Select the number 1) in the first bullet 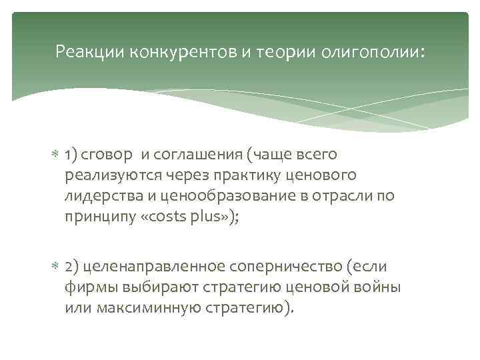pyautogui.click(x=73, y=155)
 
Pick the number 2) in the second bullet pyautogui.click(x=73, y=267)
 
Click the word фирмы pyautogui.click(x=89, y=287)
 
